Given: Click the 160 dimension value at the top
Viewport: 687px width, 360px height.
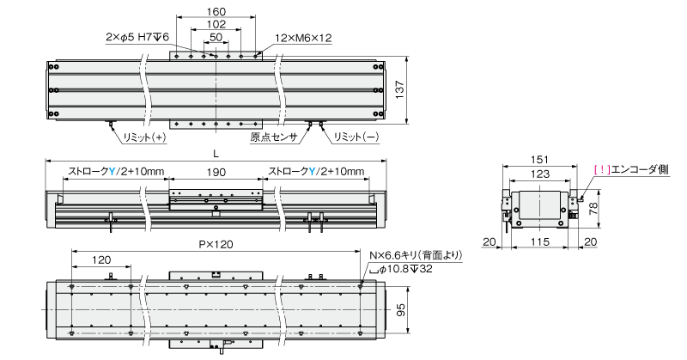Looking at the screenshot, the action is click(216, 11).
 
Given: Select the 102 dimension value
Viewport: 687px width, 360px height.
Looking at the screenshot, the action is click(216, 25).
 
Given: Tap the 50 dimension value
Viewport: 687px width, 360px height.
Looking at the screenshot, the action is click(216, 37).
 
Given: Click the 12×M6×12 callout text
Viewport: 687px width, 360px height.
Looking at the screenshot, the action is click(303, 38).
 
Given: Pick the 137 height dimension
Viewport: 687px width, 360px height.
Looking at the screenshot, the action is click(399, 89).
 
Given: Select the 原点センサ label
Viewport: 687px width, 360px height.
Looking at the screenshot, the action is click(274, 137).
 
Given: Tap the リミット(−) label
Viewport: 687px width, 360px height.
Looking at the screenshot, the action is click(356, 137).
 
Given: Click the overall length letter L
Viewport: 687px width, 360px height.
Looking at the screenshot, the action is click(216, 154).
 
